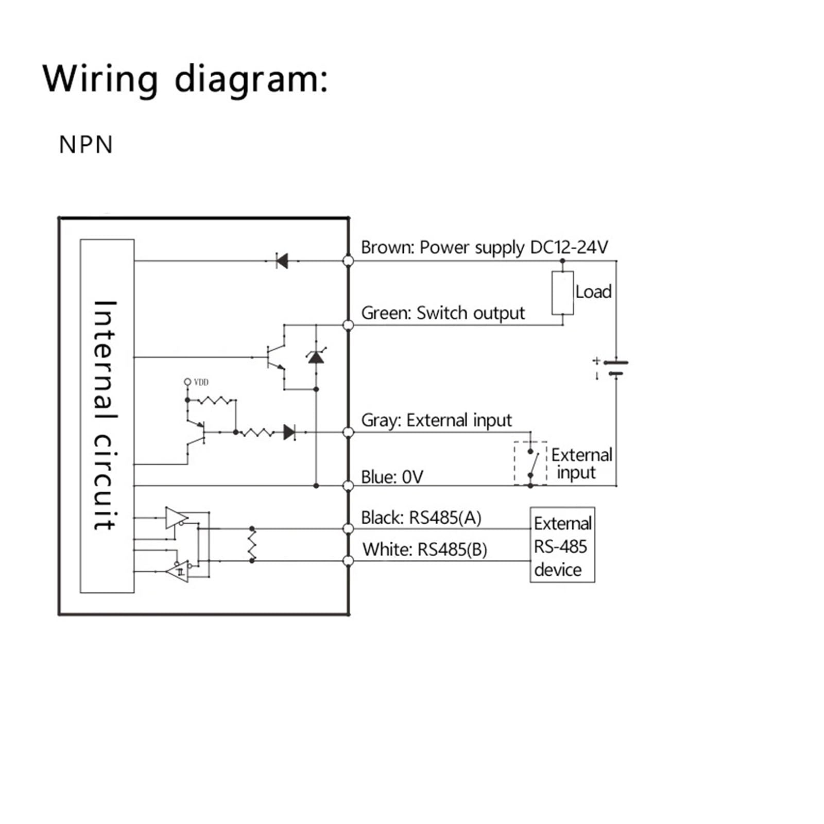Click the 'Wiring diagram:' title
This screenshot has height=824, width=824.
pyautogui.click(x=185, y=79)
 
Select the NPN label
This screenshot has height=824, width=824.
pyautogui.click(x=86, y=145)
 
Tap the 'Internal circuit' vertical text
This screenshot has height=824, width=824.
pyautogui.click(x=106, y=415)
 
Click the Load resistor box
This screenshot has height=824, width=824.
pyautogui.click(x=562, y=293)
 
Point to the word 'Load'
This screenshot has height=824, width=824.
pyautogui.click(x=593, y=292)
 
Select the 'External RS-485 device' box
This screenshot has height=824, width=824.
pyautogui.click(x=562, y=545)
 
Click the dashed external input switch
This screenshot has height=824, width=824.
pyautogui.click(x=530, y=462)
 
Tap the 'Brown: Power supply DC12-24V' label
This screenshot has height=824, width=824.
pyautogui.click(x=484, y=247)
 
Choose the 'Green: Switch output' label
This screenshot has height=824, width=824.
pyautogui.click(x=443, y=313)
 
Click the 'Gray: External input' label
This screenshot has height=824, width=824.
pyautogui.click(x=436, y=420)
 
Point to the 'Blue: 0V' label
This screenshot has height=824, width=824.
pyautogui.click(x=392, y=477)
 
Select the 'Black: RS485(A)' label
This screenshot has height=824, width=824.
pyautogui.click(x=421, y=518)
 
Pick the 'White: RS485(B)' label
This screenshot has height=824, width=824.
pyautogui.click(x=425, y=550)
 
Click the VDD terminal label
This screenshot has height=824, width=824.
pyautogui.click(x=201, y=382)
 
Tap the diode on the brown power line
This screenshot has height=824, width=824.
pyautogui.click(x=282, y=261)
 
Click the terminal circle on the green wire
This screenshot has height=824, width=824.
pyautogui.click(x=348, y=325)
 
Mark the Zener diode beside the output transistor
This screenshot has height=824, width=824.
pyautogui.click(x=316, y=356)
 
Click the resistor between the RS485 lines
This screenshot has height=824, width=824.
pyautogui.click(x=252, y=544)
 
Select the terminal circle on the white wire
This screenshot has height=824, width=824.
pyautogui.click(x=348, y=561)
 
